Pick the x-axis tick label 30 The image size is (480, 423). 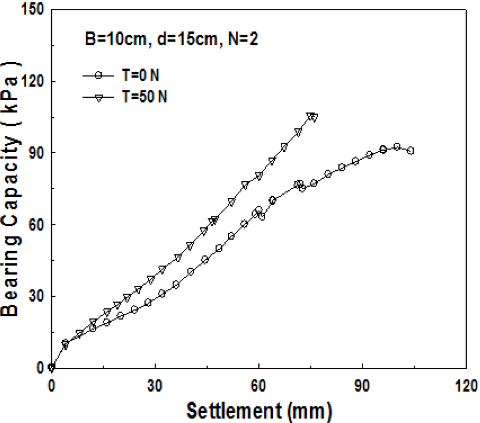pyautogui.click(x=155, y=386)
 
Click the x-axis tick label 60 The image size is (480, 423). pyautogui.click(x=258, y=386)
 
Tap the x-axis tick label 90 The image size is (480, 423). pyautogui.click(x=362, y=386)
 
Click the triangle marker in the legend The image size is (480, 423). pyautogui.click(x=98, y=97)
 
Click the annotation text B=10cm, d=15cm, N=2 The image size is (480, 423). pyautogui.click(x=169, y=39)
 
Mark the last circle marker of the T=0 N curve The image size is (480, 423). pyautogui.click(x=411, y=151)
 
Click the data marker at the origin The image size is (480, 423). pyautogui.click(x=52, y=368)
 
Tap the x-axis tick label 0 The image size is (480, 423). pyautogui.click(x=51, y=386)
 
